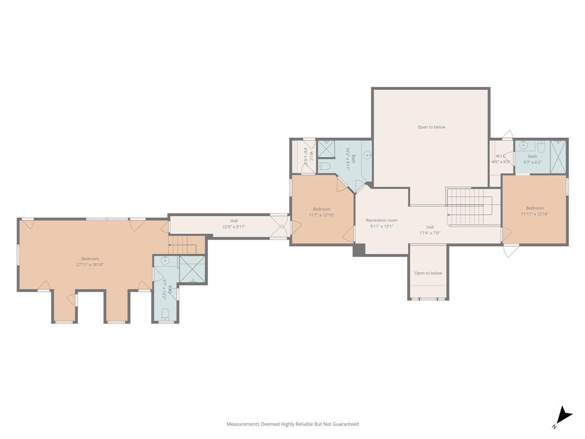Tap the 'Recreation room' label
click(x=382, y=220)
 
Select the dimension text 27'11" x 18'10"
click(x=90, y=265)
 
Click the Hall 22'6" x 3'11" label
click(x=234, y=226)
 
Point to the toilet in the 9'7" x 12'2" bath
click(x=165, y=313)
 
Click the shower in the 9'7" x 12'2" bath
click(x=192, y=270)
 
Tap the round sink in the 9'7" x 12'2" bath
click(x=165, y=261)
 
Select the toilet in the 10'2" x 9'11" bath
click(x=324, y=166)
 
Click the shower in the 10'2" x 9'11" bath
click(x=326, y=149)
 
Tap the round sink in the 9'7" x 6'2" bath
click(x=523, y=146)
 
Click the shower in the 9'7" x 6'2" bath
click(x=558, y=156)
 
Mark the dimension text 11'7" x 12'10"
click(x=322, y=215)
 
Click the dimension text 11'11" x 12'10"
click(x=535, y=214)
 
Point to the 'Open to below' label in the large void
click(x=431, y=127)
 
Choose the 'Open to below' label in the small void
click(x=428, y=273)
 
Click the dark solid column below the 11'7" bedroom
click(x=359, y=250)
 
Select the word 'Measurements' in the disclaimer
click(x=243, y=424)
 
